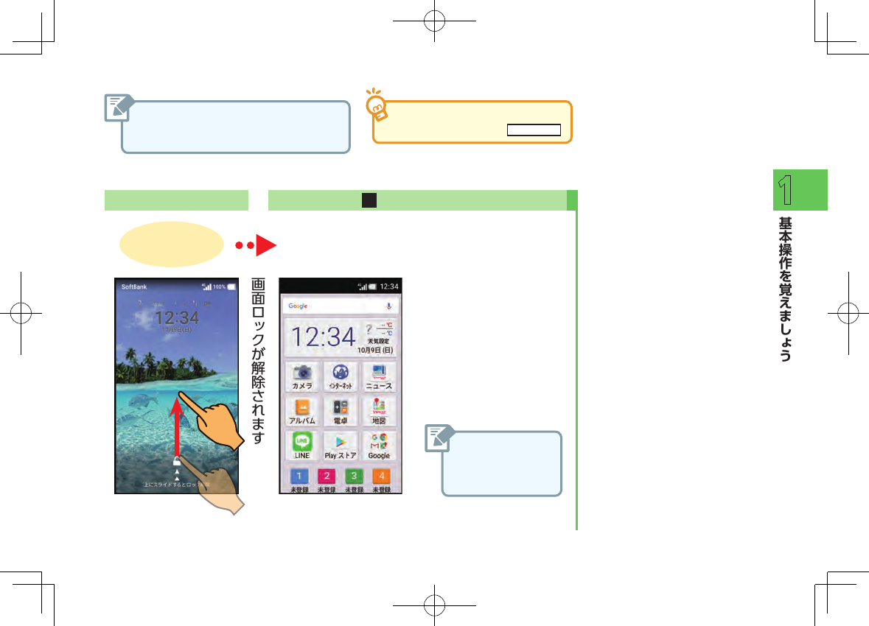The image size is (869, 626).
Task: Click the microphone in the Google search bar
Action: pyautogui.click(x=389, y=306)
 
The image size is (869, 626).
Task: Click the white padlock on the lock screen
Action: pyautogui.click(x=177, y=462)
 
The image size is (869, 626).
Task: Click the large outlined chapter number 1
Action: pyautogui.click(x=787, y=190)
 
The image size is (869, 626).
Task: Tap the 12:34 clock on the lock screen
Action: pyautogui.click(x=178, y=317)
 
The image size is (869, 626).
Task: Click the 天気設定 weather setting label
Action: pyautogui.click(x=379, y=341)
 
